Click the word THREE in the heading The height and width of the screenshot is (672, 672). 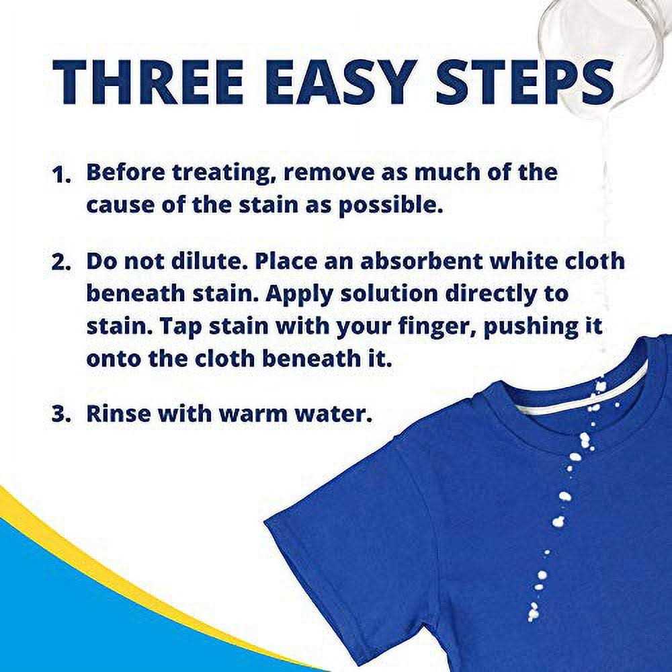point(148,82)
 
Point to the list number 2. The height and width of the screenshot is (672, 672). point(61,262)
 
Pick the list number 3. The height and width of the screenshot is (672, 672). point(61,415)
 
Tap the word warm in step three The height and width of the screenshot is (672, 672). point(253,415)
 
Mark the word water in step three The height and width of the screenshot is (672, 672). point(333,415)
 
